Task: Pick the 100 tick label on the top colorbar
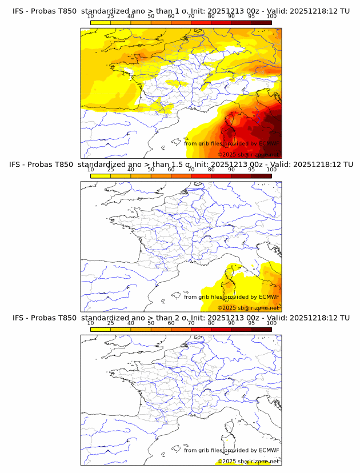click(271, 17)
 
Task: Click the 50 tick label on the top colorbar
click(151, 17)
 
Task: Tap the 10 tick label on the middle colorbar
click(90, 170)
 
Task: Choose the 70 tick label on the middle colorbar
click(191, 170)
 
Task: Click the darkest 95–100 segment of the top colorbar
click(261, 22)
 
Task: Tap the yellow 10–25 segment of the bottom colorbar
click(101, 328)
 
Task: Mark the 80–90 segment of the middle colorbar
click(221, 175)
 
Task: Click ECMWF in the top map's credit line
click(269, 143)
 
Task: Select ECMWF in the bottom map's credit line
click(269, 450)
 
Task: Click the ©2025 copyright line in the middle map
click(248, 308)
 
